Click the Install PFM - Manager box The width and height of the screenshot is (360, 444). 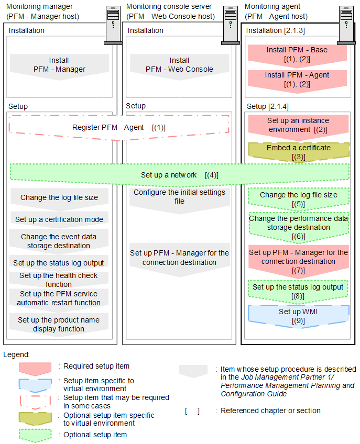pos(59,65)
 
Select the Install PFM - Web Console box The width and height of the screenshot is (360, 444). pos(179,65)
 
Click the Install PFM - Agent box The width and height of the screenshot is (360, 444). pos(297,80)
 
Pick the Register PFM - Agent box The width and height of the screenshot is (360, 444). pos(119,127)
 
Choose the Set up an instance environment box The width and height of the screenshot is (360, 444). pos(297,125)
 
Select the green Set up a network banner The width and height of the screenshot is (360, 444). pos(179,175)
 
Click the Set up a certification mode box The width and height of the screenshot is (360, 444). pos(59,219)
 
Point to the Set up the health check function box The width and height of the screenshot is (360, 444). pos(59,280)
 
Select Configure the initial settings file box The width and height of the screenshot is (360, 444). pos(179,197)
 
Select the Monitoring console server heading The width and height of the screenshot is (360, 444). pos(169,6)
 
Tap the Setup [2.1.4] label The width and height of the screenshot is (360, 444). pos(267,106)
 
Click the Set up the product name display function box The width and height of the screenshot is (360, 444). pos(59,324)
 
